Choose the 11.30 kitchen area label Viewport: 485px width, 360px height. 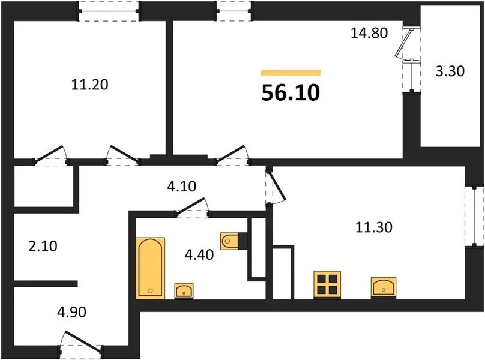[371, 227]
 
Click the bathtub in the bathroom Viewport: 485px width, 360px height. [149, 267]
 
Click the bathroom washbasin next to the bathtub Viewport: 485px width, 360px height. [183, 290]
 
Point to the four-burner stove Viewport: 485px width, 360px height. [327, 284]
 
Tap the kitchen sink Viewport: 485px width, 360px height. [384, 287]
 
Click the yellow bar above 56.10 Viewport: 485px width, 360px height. [291, 73]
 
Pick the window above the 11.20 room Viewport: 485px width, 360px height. [109, 11]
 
